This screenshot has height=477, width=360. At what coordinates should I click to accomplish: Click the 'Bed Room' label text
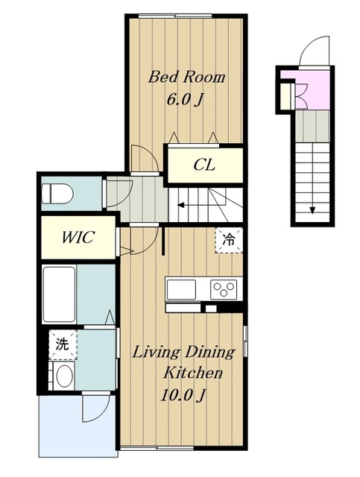pyautogui.click(x=186, y=77)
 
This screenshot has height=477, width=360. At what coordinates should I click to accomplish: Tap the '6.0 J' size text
pyautogui.click(x=185, y=99)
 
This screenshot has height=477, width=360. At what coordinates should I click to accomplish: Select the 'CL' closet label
pyautogui.click(x=204, y=165)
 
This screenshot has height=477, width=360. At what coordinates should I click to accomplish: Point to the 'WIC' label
pyautogui.click(x=78, y=237)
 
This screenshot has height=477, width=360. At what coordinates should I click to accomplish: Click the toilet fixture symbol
pyautogui.click(x=57, y=194)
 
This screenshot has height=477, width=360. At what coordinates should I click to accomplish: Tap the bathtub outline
pyautogui.click(x=59, y=294)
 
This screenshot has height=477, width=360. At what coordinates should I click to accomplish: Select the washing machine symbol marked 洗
pyautogui.click(x=63, y=344)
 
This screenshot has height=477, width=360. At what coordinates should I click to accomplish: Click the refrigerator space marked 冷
pyautogui.click(x=229, y=240)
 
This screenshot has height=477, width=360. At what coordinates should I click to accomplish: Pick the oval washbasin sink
pyautogui.click(x=64, y=376)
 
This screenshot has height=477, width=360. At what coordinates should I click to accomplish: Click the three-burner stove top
pyautogui.click(x=224, y=288)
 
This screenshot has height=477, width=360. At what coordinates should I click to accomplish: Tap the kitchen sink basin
pyautogui.click(x=181, y=289)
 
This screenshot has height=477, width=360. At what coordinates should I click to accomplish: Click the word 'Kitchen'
pyautogui.click(x=193, y=373)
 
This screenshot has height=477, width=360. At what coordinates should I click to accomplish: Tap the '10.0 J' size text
pyautogui.click(x=183, y=395)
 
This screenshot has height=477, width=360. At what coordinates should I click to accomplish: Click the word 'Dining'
pyautogui.click(x=209, y=353)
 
